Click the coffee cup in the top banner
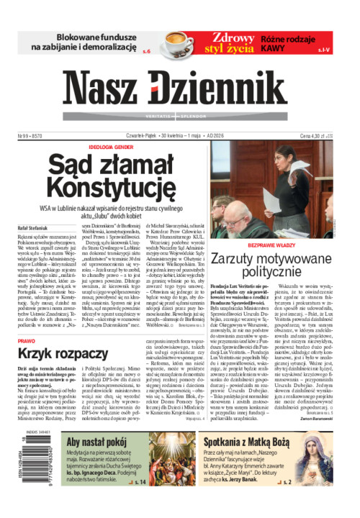click(x=176, y=41)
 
